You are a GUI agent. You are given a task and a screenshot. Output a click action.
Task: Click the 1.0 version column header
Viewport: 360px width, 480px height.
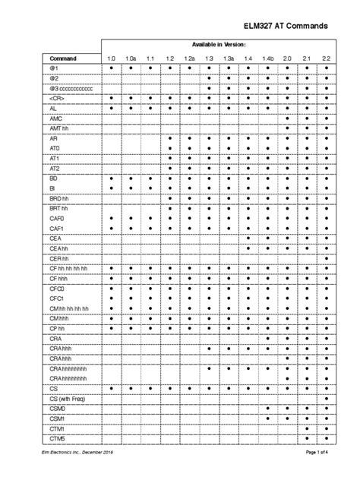click(x=111, y=58)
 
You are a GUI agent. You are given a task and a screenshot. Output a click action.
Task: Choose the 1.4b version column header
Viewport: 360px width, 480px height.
click(x=268, y=58)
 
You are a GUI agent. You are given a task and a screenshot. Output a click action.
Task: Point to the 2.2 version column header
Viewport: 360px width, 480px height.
click(x=327, y=58)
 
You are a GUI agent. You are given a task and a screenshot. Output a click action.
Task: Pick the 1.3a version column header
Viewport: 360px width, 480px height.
click(x=229, y=58)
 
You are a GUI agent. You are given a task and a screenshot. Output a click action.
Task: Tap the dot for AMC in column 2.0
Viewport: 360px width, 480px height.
click(x=288, y=118)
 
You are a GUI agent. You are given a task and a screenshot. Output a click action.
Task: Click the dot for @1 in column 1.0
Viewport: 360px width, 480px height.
click(x=111, y=68)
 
